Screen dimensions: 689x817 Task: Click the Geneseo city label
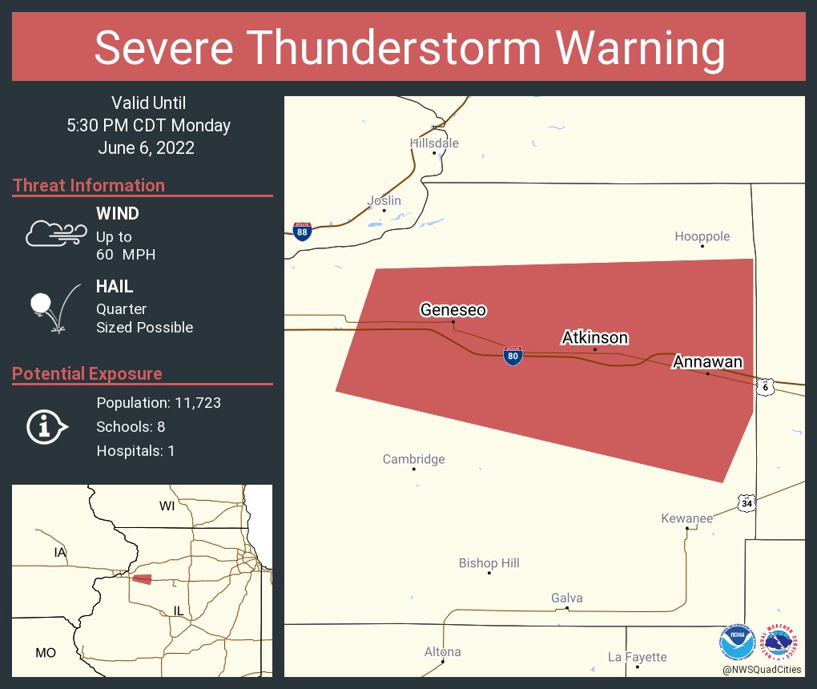pyautogui.click(x=453, y=310)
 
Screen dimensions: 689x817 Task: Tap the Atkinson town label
pyautogui.click(x=594, y=337)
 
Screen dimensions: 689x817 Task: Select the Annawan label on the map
pyautogui.click(x=707, y=361)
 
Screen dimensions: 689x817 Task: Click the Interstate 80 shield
pyautogui.click(x=513, y=356)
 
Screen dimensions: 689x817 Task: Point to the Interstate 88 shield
pyautogui.click(x=302, y=232)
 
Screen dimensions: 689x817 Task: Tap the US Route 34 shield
pyautogui.click(x=747, y=503)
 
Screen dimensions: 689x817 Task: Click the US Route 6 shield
pyautogui.click(x=766, y=386)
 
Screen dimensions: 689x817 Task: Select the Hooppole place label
pyautogui.click(x=702, y=236)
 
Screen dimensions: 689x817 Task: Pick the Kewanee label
pyautogui.click(x=686, y=518)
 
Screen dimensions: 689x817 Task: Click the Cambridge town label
pyautogui.click(x=413, y=459)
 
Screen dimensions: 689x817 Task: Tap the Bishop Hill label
pyautogui.click(x=489, y=563)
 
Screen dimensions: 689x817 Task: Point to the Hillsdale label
pyautogui.click(x=434, y=143)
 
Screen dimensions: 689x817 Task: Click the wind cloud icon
pyautogui.click(x=55, y=232)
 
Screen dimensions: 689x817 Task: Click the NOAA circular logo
pyautogui.click(x=737, y=642)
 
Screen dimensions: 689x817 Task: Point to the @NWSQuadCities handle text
pyautogui.click(x=761, y=670)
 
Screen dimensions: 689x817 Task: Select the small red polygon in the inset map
pyautogui.click(x=142, y=579)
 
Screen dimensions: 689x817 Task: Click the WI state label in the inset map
pyautogui.click(x=167, y=506)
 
